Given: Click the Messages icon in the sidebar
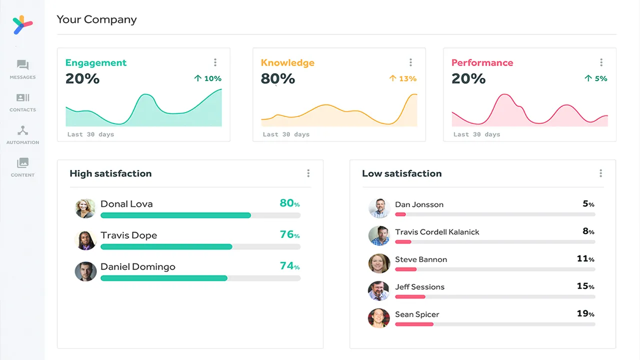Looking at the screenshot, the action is pos(22,65).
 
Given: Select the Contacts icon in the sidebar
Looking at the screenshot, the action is pos(22,97).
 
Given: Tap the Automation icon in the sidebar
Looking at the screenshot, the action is pos(22,130).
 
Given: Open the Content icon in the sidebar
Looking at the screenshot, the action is pos(22,163).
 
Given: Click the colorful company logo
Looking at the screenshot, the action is pos(22,25).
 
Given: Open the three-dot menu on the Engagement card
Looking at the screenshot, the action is pos(215,62).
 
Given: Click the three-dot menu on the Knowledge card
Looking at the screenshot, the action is pos(410,62).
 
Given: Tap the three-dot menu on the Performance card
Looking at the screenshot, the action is pos(601,62).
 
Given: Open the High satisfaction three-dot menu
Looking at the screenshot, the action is pos(308,173).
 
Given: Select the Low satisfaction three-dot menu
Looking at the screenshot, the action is pos(600,173).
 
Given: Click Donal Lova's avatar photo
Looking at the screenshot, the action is pos(85,208).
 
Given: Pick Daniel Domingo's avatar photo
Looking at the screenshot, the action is pos(85,271).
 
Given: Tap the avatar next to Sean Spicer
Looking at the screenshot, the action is pos(378,318).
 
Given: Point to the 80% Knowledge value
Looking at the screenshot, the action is pos(277,78).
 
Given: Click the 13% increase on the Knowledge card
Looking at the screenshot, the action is pos(403,78).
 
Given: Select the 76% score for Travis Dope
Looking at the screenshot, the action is pos(289,234).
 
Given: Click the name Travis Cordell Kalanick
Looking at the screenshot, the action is pos(437,232).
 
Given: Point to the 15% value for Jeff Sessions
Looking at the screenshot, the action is pos(585,286).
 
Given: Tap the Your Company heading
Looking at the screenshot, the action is pos(96,19).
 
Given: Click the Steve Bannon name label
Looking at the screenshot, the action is pos(421,259).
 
